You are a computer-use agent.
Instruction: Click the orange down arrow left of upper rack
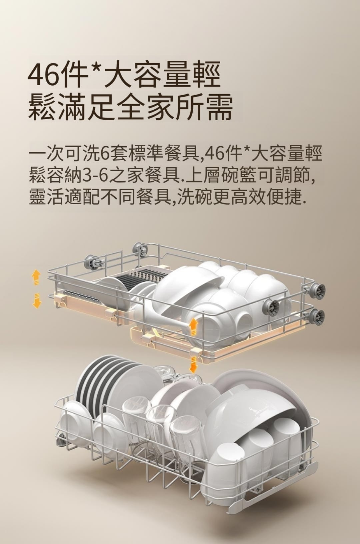[x=36, y=301]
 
